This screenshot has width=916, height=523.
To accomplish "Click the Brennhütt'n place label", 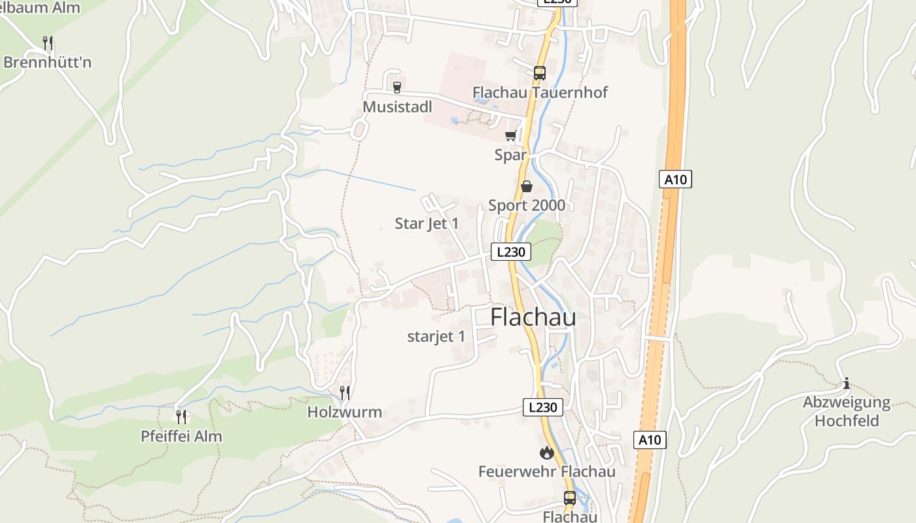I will coord(47,63).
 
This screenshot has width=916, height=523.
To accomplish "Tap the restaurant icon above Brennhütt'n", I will coord(48,43).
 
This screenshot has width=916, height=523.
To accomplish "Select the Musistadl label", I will coord(397,106).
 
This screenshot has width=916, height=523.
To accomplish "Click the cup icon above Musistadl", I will coord(396,86).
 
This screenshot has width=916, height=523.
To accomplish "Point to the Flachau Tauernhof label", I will coord(540,92).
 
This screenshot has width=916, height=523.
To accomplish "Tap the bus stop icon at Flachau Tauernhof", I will coord(540,73).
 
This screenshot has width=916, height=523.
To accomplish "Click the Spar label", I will coord(510,155).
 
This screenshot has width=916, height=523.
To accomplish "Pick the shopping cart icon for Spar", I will coord(510,135).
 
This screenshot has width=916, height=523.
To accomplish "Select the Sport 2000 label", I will coord(527,205).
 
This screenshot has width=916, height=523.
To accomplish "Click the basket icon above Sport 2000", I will coord(527,186).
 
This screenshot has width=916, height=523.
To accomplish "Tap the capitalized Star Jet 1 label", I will coord(427,224).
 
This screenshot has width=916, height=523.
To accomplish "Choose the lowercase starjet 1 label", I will coord(436,337).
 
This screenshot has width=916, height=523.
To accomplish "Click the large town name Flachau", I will coord(533,317).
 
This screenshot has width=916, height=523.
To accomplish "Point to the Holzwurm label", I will coord(345,413).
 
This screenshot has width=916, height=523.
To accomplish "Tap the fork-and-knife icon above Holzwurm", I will coord(345,392).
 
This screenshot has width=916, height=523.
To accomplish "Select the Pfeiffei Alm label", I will coord(181,436).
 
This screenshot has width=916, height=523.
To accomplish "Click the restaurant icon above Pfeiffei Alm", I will coord(181,416).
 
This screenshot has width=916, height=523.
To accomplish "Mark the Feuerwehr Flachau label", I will coord(547,471).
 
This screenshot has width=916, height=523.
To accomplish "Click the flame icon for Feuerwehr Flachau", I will coord(547,452).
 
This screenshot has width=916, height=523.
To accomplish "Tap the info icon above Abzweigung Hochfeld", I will coord(847,383).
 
